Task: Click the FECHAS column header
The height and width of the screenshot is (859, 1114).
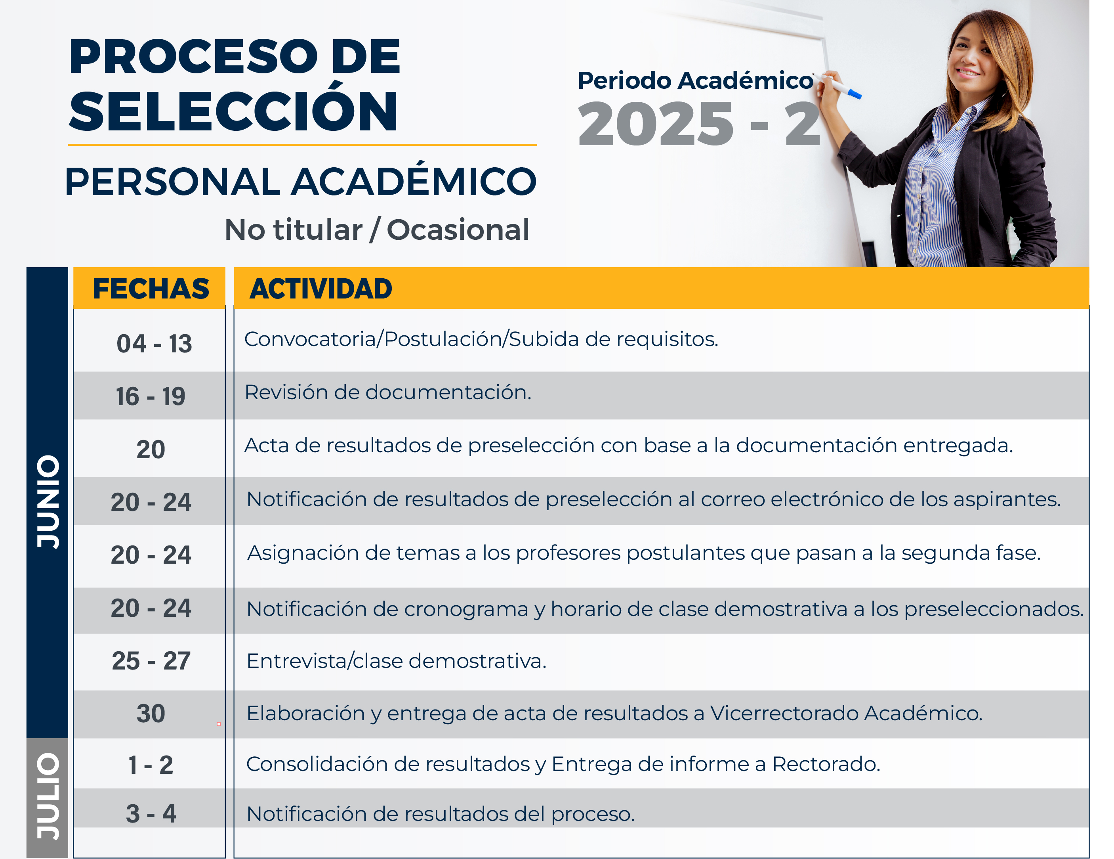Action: [151, 289]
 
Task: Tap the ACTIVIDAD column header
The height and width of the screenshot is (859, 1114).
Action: [321, 289]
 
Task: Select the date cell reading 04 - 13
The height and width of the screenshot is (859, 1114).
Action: [154, 344]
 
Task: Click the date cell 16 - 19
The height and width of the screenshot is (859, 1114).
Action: [151, 396]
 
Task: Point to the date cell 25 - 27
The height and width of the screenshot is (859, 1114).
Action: [151, 661]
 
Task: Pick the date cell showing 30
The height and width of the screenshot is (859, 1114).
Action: [151, 714]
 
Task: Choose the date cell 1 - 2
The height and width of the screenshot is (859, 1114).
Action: [151, 765]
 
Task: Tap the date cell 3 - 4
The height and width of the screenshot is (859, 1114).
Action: [151, 813]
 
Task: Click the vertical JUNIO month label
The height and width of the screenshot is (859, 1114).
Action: [48, 502]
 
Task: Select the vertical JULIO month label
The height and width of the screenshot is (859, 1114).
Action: [48, 796]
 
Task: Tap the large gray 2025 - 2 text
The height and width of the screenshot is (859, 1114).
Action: [699, 124]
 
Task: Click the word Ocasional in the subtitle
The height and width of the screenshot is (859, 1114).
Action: [458, 230]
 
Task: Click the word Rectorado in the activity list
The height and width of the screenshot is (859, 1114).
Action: [826, 764]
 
